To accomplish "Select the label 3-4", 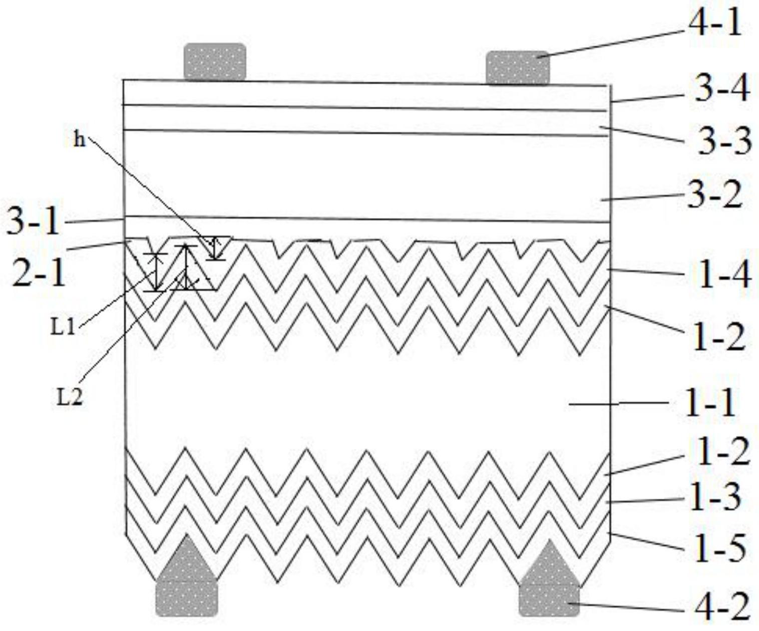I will point(721,90).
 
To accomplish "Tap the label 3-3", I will point(724,142).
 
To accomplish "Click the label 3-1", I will point(33,222).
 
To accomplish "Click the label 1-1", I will point(710,403).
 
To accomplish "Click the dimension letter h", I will point(79,140).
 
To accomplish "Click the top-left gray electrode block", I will point(215,61).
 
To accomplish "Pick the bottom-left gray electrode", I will point(187,586).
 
